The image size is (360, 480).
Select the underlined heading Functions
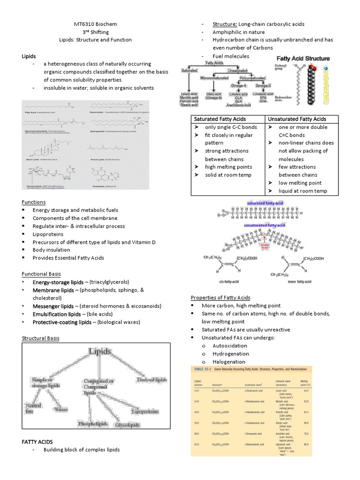click(34, 202)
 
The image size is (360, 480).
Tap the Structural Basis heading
click(41, 337)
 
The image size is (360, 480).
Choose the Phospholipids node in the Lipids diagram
click(93, 424)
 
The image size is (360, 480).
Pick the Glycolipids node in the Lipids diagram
click(128, 425)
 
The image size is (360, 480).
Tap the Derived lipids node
click(152, 379)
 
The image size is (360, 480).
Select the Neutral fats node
click(33, 408)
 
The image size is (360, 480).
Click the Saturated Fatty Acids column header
click(220, 119)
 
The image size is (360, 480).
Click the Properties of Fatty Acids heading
click(220, 298)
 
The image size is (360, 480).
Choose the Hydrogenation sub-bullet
click(230, 353)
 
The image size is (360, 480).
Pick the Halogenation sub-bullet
click(229, 362)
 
